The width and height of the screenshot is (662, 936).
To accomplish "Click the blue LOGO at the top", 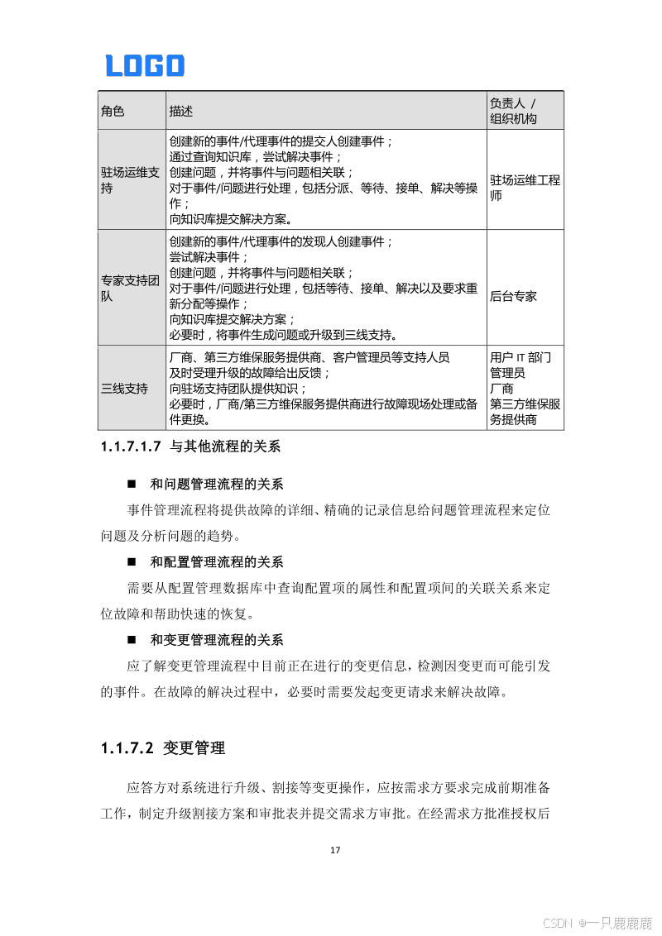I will tap(145, 65).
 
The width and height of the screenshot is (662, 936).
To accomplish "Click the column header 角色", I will tap(113, 111).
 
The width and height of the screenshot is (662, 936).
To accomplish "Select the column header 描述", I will tap(181, 111).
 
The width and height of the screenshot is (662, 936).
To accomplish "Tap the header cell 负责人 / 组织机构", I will tap(513, 111).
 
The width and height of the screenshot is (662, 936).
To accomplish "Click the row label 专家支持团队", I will tap(129, 288).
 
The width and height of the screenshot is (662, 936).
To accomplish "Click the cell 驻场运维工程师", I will tap(525, 188).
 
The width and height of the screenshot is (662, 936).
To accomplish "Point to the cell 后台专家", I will tap(513, 295).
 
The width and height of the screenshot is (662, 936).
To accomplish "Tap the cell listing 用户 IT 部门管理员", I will tap(520, 365).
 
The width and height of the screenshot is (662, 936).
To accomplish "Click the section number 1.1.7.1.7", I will tap(130, 447).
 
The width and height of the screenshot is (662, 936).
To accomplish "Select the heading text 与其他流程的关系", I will tap(225, 447).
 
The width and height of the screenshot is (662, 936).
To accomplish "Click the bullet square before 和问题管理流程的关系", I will tap(131, 485).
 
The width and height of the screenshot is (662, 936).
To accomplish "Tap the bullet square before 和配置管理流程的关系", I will tap(131, 563).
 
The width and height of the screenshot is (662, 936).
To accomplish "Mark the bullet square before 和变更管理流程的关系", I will tap(131, 641).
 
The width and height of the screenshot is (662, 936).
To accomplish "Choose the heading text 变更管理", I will tap(194, 748).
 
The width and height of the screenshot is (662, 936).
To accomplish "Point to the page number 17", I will tap(335, 850).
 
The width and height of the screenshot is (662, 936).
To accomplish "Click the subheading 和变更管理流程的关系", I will tap(217, 641).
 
